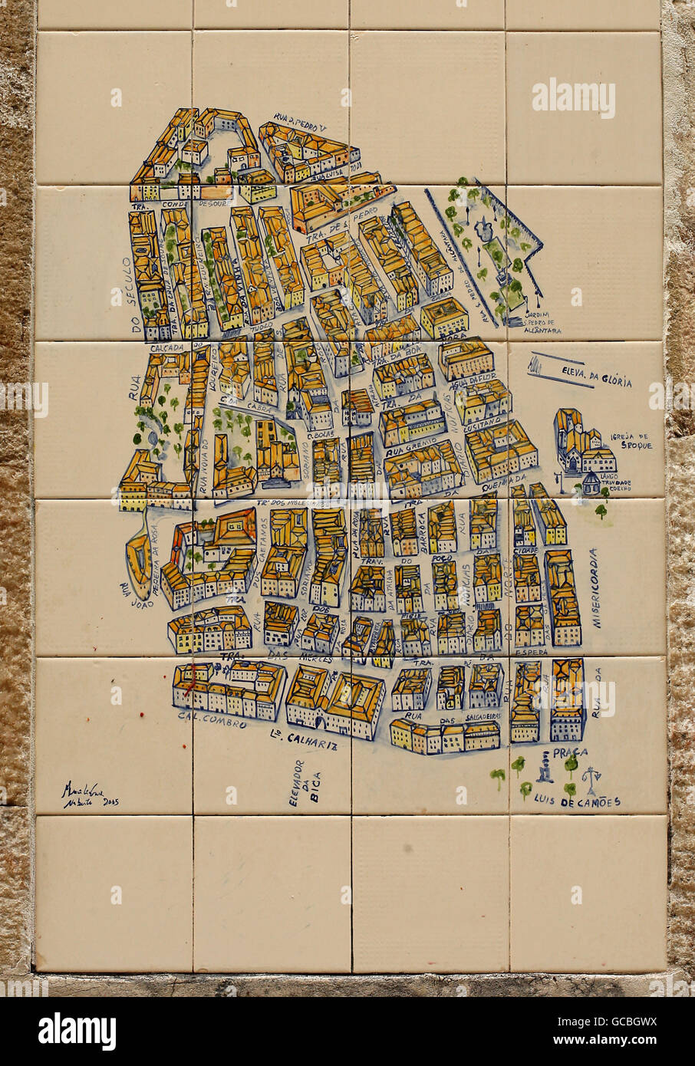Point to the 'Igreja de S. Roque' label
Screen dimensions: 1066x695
[x=631, y=440]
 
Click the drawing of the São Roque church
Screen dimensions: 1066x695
[x=583, y=446]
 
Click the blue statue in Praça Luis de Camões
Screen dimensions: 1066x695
[x=545, y=766]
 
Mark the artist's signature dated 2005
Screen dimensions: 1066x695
[x=90, y=795]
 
